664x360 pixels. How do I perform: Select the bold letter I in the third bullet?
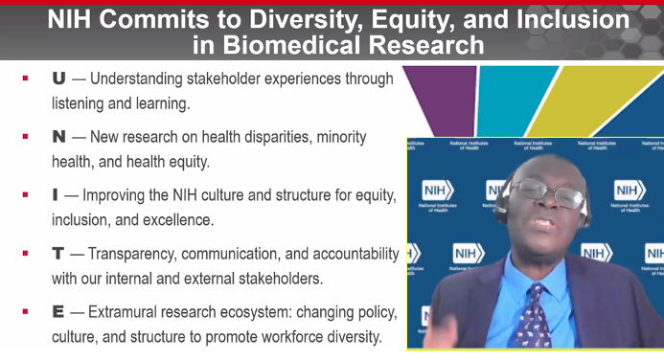tap(56, 195)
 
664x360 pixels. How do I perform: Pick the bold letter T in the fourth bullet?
tap(58, 254)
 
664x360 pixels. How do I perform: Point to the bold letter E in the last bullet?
tap(58, 312)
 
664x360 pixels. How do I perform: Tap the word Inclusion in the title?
tap(562, 19)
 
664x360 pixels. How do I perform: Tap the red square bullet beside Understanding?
tap(26, 79)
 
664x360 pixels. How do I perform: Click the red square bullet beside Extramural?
tap(26, 312)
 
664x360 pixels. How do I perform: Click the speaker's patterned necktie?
tap(531, 311)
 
